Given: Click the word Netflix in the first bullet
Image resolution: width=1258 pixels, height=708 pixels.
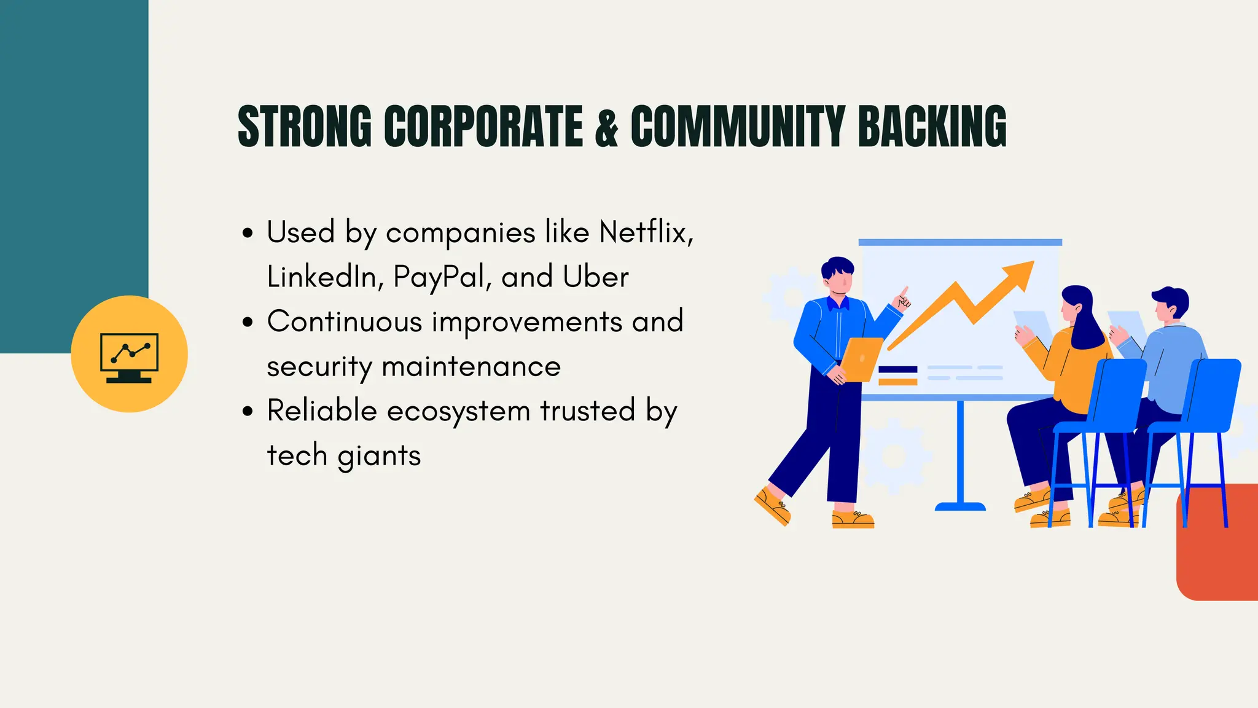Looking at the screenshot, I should tap(646, 232).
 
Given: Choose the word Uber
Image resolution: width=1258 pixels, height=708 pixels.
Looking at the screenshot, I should tap(595, 277).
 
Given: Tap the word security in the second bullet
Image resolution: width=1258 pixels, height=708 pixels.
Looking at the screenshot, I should tap(319, 367).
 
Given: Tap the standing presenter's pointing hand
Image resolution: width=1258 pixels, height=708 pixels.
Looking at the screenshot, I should tap(903, 299).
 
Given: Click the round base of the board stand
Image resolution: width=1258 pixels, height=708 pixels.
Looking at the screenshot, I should tap(960, 507).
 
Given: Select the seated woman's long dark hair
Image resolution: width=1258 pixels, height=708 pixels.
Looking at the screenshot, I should tap(1084, 320).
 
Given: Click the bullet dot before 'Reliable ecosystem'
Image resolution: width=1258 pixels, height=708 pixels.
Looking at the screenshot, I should tap(248, 411).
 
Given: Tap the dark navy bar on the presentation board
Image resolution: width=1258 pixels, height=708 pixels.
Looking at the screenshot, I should tap(897, 369).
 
